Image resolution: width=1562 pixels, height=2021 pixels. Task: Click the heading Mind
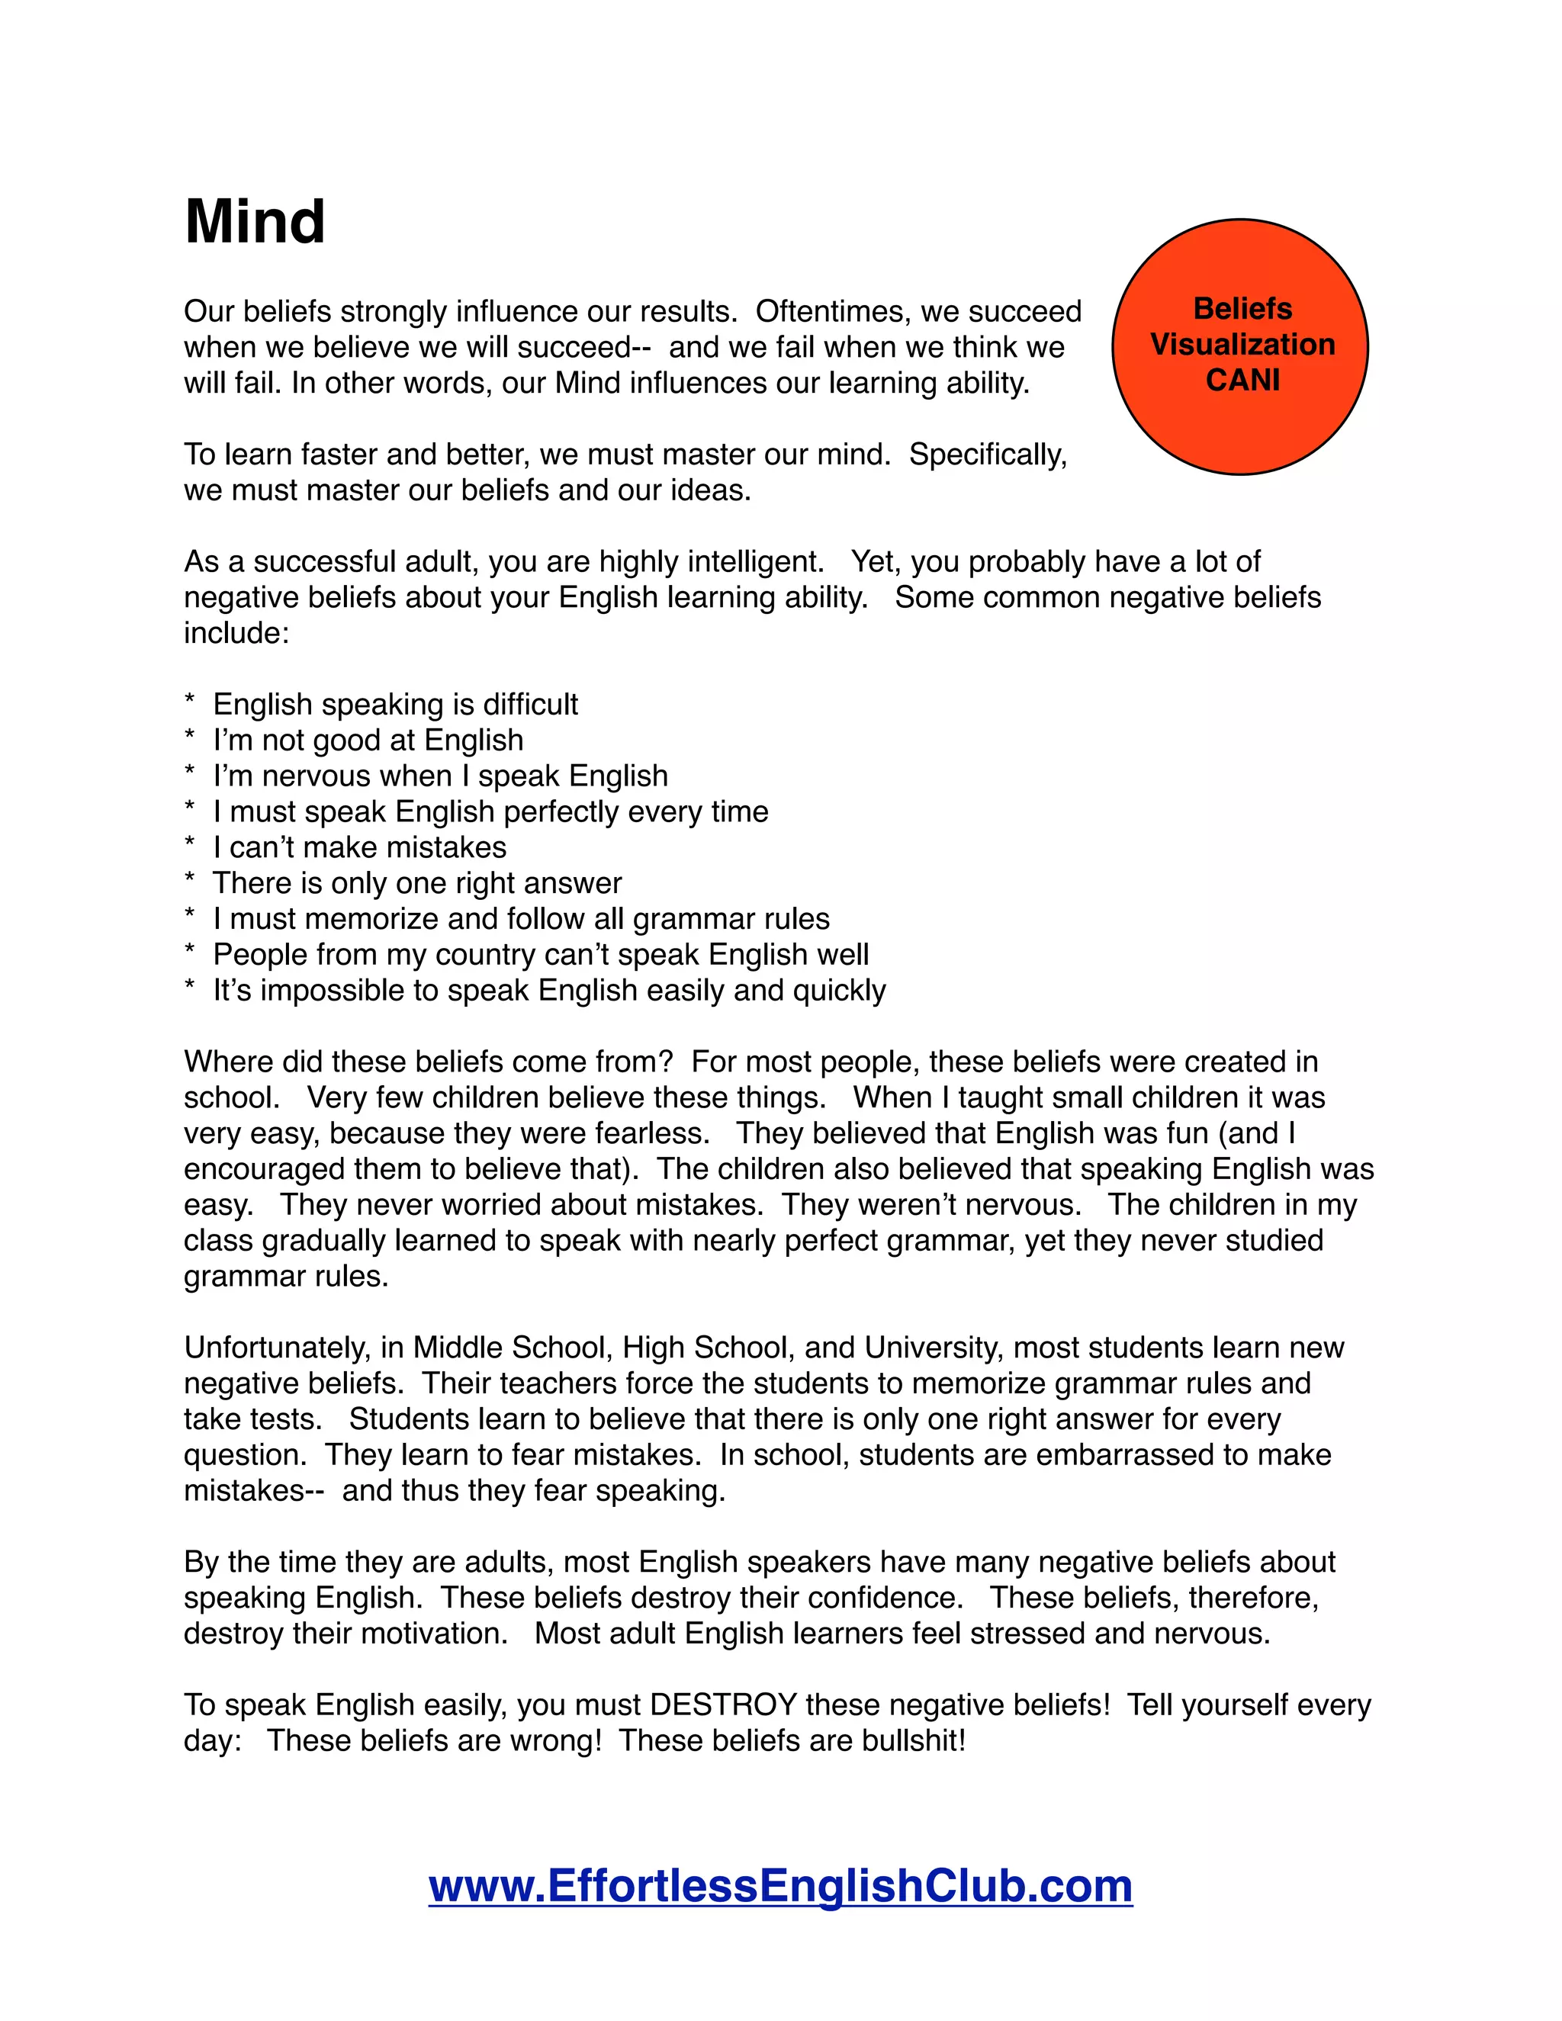[x=255, y=222]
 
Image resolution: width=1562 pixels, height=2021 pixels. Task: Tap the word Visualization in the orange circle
[x=1242, y=344]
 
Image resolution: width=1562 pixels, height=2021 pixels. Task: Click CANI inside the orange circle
[x=1242, y=381]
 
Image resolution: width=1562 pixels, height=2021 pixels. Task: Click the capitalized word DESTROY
[x=724, y=1705]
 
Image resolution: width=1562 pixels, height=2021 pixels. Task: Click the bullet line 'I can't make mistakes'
[x=359, y=847]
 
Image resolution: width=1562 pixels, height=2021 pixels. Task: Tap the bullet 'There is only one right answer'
[x=416, y=883]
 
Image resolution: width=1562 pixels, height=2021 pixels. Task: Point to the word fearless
[x=651, y=1133]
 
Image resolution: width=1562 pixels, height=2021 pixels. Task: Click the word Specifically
[x=988, y=455]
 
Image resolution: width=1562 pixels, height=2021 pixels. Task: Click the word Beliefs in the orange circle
[x=1242, y=308]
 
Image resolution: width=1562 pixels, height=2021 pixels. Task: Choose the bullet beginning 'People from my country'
[x=541, y=954]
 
